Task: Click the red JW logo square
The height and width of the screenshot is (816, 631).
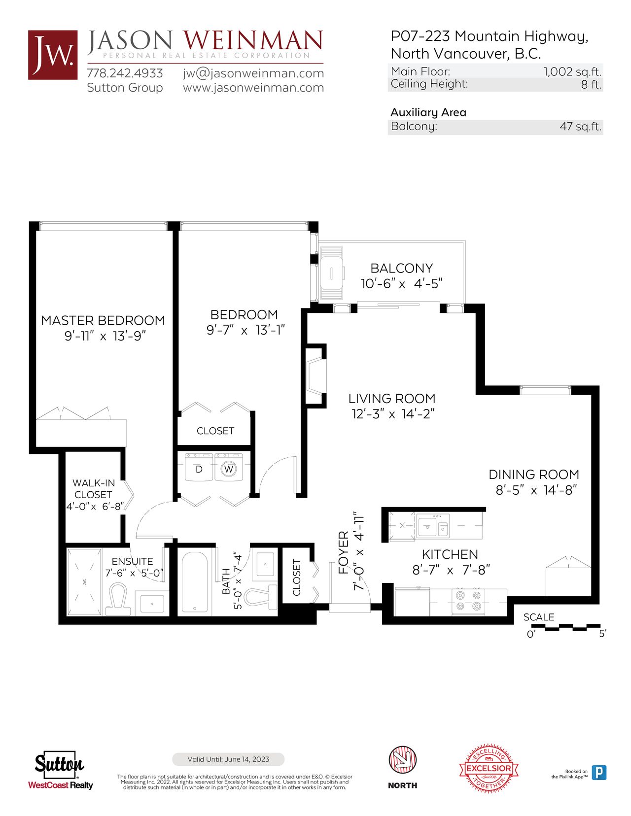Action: coord(53,55)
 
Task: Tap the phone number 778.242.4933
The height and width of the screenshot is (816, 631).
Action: coord(125,73)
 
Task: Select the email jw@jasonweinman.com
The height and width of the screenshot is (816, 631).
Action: coord(253,73)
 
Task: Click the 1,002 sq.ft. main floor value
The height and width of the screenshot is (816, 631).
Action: coord(572,71)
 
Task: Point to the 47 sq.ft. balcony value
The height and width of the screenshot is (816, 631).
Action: coord(580,126)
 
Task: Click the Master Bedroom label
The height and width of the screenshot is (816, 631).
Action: coord(103,320)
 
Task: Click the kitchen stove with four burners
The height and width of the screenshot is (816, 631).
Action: coord(468,601)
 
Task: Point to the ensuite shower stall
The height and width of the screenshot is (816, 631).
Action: coord(84,581)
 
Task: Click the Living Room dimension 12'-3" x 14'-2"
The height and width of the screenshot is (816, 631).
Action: coord(393,414)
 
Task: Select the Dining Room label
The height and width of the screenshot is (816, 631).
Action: coord(534,475)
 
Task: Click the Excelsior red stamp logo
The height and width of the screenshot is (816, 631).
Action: coord(489,768)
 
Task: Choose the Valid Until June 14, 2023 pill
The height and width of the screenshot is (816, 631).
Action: coord(228,759)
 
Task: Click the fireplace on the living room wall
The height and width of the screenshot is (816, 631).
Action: coord(315,376)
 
